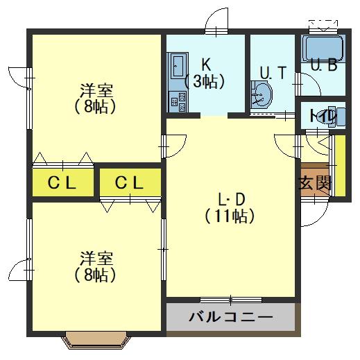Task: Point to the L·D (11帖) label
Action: (230, 207)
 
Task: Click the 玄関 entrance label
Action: (314, 184)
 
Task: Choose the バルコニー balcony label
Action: (231, 319)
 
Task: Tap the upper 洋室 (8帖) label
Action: (96, 98)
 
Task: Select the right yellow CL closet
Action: (130, 183)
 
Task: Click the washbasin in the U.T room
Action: (262, 95)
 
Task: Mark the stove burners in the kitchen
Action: (176, 101)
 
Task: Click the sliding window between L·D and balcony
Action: (231, 300)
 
